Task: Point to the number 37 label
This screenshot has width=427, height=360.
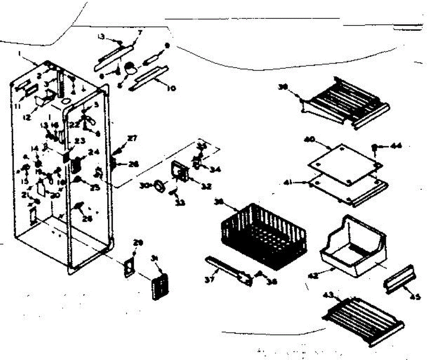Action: pyautogui.click(x=210, y=280)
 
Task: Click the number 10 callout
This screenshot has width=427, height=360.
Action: pyautogui.click(x=171, y=88)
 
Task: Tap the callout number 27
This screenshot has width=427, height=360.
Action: pyautogui.click(x=132, y=139)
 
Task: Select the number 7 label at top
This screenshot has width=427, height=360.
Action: pyautogui.click(x=140, y=33)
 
